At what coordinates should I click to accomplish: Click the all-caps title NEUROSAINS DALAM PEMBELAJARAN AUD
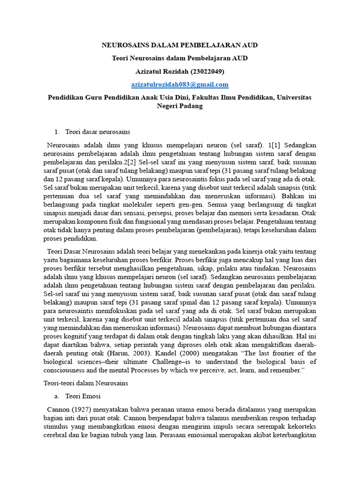pyautogui.click(x=180, y=45)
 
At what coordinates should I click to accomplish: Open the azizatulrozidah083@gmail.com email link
pyautogui.click(x=180, y=84)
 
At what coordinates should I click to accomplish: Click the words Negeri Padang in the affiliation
pyautogui.click(x=180, y=106)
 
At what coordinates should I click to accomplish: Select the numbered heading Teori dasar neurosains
pyautogui.click(x=97, y=132)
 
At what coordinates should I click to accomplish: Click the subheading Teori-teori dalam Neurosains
pyautogui.click(x=86, y=383)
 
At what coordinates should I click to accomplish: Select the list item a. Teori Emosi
pyautogui.click(x=78, y=396)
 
